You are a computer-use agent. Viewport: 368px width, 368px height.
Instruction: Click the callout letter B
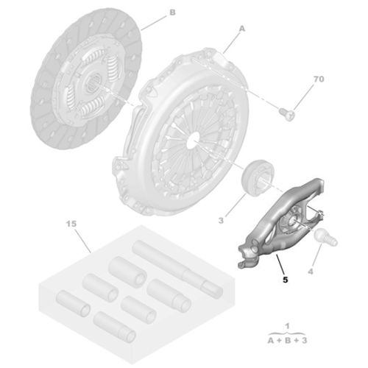172,13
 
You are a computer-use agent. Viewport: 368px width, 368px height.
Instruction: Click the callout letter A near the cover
242,29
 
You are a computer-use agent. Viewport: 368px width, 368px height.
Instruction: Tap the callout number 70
319,79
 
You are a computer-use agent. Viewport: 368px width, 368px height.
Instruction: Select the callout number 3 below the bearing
221,221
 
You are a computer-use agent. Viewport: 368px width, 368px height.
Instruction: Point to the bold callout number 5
285,280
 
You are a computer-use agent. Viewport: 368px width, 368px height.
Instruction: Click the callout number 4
311,272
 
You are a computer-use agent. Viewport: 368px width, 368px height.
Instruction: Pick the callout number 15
71,224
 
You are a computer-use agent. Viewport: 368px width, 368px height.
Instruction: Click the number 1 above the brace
287,326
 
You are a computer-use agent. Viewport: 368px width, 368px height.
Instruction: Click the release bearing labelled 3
258,177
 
